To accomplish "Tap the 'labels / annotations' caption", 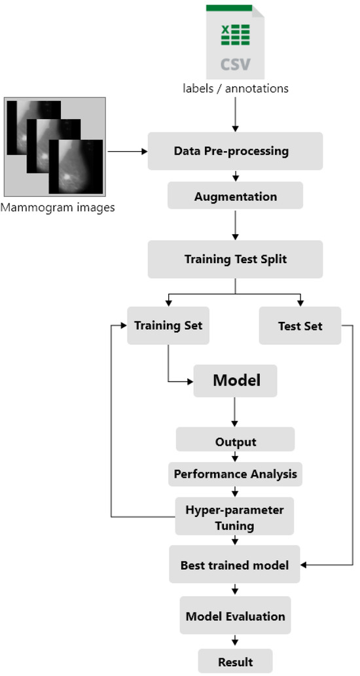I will coord(235,88).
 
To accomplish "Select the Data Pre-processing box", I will coord(231,151).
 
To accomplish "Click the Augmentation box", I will coord(235,196).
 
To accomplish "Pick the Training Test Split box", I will coord(235,258).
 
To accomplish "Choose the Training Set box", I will coord(168,325).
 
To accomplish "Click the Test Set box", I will coord(300,325).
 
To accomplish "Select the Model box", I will coord(235,380).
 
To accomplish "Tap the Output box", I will coord(235,442).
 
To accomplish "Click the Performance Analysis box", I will coord(235,473).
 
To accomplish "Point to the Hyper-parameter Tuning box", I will coord(235,516).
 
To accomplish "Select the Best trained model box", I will coord(235,565).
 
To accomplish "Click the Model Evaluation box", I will coord(235,616).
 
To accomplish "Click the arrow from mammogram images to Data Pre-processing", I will coord(127,151).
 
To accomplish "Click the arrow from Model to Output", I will coord(235,412).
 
